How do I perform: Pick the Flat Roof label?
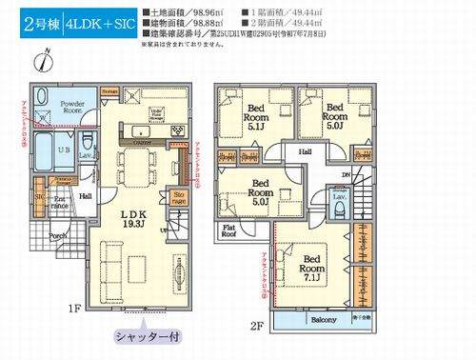pyautogui.click(x=230, y=231)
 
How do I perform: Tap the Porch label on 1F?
pyautogui.click(x=57, y=237)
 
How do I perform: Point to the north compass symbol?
pyautogui.click(x=36, y=61)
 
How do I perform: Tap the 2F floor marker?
pyautogui.click(x=256, y=325)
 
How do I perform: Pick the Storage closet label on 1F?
pyautogui.click(x=178, y=198)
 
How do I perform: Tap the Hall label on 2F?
pyautogui.click(x=306, y=150)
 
